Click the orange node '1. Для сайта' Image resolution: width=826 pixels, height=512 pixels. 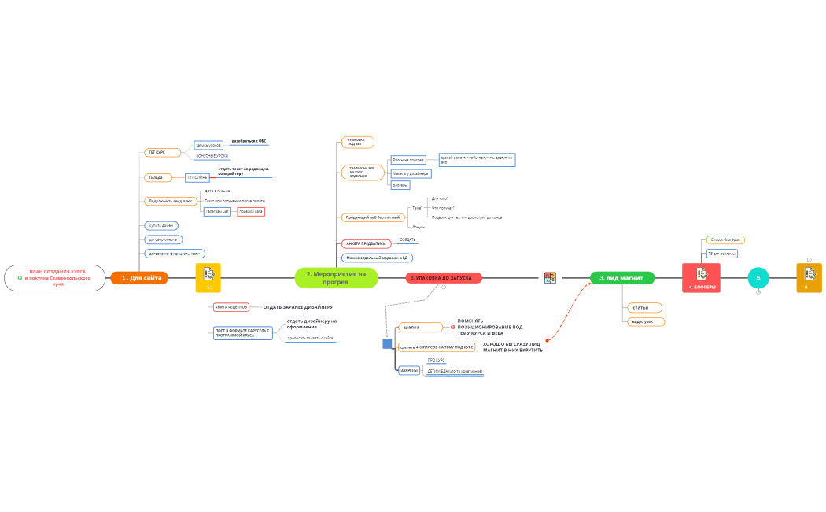(139, 277)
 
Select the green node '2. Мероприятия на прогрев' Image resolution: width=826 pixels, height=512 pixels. (336, 277)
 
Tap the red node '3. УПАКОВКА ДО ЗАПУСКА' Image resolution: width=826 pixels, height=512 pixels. (444, 278)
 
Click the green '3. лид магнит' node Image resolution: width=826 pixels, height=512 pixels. (621, 277)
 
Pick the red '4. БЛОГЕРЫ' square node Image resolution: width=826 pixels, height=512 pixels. (701, 277)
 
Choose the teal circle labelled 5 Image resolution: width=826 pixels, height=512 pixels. (758, 277)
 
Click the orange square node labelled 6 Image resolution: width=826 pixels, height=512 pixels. (809, 277)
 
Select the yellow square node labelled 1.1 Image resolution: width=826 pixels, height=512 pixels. (208, 277)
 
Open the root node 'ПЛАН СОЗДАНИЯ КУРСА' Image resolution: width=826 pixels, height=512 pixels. (55, 277)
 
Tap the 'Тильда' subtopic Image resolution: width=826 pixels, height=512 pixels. (157, 177)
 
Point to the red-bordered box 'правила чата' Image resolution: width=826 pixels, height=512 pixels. (251, 211)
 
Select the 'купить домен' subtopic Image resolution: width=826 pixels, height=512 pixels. (161, 225)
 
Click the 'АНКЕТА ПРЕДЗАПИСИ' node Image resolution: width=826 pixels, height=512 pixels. (366, 243)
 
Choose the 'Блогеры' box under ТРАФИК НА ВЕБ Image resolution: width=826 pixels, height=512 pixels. (400, 185)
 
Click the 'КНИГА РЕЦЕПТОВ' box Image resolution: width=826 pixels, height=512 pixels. (231, 306)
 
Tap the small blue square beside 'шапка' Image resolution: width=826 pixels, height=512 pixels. (387, 343)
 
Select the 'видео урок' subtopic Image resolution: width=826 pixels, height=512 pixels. (643, 321)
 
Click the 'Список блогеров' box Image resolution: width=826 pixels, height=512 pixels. (725, 239)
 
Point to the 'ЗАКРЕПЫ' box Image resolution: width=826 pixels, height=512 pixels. (409, 369)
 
